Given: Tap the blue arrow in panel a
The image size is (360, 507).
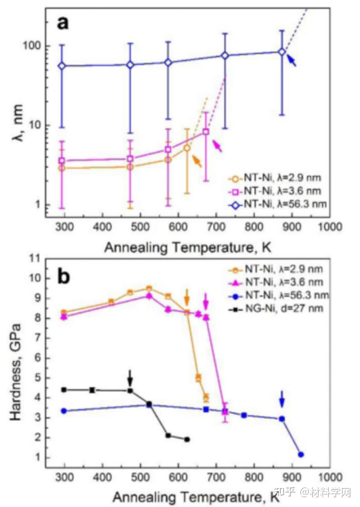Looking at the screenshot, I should click(292, 61).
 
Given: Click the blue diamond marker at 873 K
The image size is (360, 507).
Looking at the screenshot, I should click(282, 52).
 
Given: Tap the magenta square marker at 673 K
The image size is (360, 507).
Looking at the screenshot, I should click(206, 131).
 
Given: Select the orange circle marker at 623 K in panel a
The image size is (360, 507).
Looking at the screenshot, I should click(187, 148).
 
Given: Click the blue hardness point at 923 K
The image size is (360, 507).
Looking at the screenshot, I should click(301, 454).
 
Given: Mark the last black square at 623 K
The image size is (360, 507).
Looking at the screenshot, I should click(187, 439).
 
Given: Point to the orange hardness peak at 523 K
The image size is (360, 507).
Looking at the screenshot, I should click(149, 288).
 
